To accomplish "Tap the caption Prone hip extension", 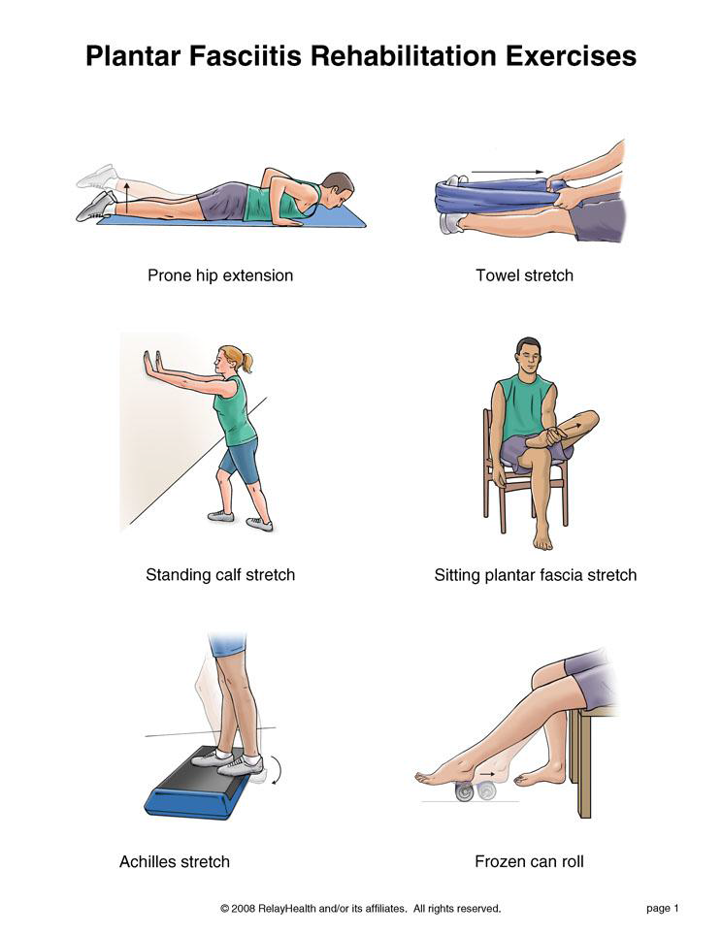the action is pos(220,275).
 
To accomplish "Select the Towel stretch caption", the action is pos(524,275).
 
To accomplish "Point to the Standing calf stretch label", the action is pos(220,575).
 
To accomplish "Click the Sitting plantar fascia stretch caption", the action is pos(535,575).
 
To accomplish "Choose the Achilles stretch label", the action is pos(174,862).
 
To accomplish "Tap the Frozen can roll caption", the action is pos(529,861).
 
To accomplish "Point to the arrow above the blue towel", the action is pos(507,172).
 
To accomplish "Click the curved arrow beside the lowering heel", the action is pos(277,770).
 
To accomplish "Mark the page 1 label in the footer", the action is pos(663,909).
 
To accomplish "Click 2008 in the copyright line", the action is pos(244,909).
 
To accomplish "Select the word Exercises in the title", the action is pos(572,56).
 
